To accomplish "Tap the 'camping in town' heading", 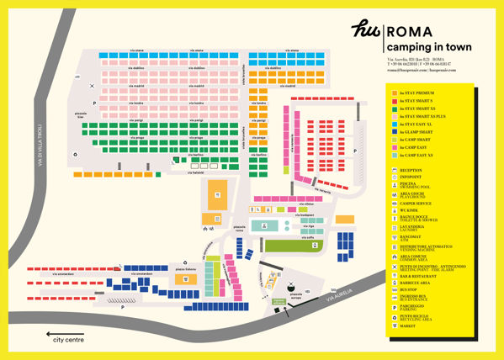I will click(x=429, y=47).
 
